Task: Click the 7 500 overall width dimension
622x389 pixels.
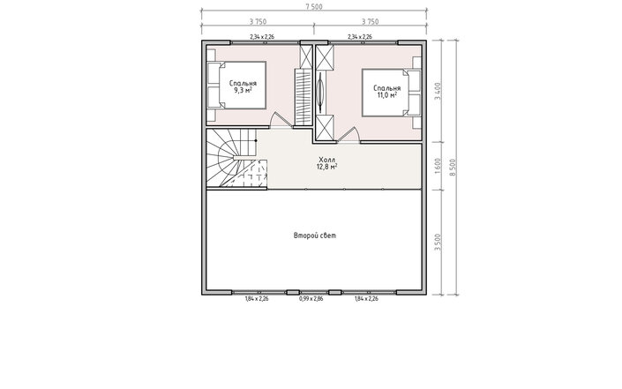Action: tap(314, 7)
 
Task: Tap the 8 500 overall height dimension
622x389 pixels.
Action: tap(453, 168)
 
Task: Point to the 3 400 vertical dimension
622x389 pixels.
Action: tap(438, 91)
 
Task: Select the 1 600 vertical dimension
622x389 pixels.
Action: tap(438, 166)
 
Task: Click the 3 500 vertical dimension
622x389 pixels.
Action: tap(438, 243)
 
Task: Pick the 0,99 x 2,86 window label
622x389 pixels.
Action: tap(311, 299)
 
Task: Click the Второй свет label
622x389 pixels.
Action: tap(315, 236)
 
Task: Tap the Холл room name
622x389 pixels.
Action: tap(326, 160)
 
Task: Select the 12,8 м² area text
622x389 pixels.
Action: tap(326, 167)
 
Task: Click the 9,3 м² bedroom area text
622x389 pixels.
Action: tap(243, 90)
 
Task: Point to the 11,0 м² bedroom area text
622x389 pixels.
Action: tap(387, 95)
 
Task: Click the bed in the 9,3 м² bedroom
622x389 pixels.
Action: tap(236, 85)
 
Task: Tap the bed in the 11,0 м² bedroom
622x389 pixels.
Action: tap(391, 93)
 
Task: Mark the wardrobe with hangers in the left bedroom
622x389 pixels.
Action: tap(304, 97)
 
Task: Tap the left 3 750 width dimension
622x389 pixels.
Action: tap(258, 22)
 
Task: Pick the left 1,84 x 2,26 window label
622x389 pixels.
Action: tap(257, 299)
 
